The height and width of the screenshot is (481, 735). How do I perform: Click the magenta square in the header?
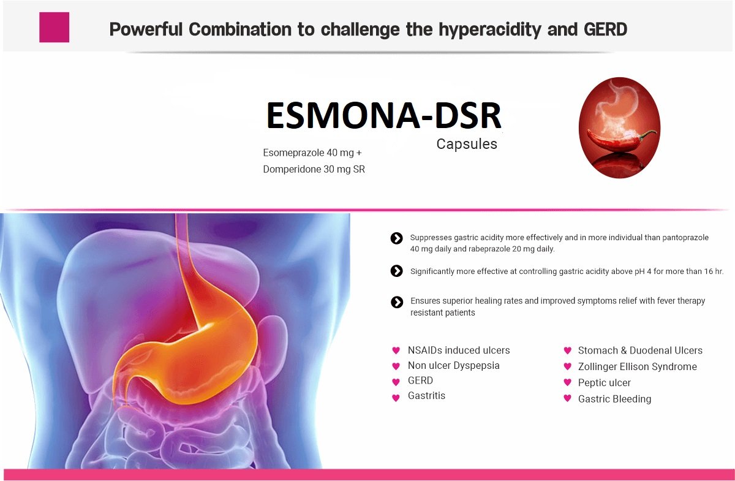tap(54, 27)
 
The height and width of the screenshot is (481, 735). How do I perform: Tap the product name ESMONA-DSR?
tap(383, 116)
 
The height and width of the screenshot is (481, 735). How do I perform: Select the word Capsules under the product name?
tap(467, 144)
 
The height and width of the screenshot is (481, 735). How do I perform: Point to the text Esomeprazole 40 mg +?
tap(312, 153)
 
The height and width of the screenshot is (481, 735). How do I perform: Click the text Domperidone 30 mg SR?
tap(314, 169)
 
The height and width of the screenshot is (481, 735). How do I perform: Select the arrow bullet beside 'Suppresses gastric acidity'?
tap(396, 238)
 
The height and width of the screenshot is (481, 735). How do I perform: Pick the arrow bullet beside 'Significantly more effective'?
tap(396, 271)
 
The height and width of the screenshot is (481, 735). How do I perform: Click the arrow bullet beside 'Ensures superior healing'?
tap(397, 303)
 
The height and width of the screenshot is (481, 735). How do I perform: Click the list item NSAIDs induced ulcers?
tap(459, 350)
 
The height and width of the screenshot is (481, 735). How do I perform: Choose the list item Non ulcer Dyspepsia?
tap(453, 366)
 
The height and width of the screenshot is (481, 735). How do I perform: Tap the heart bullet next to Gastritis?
tap(396, 398)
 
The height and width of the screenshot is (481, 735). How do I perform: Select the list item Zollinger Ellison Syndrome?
tap(637, 367)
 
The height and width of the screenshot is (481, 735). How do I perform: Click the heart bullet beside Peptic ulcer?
tap(568, 382)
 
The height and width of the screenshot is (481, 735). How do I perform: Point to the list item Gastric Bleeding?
tap(614, 400)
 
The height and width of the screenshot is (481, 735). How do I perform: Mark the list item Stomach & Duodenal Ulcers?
tap(640, 350)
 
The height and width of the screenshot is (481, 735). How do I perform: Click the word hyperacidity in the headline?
tap(490, 30)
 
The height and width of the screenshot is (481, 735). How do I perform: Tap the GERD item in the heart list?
tap(420, 381)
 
